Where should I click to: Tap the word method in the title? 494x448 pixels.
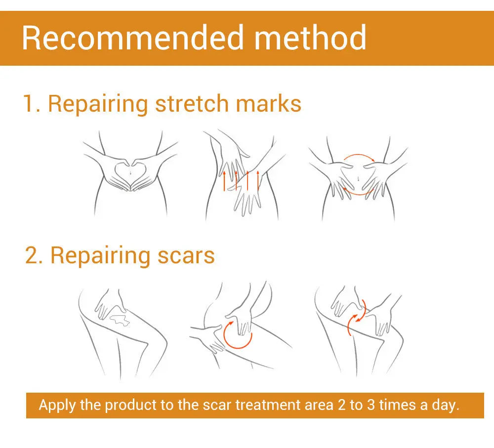tap(310, 39)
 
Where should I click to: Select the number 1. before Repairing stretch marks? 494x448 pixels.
tap(32, 104)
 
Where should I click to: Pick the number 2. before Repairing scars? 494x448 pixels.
tap(34, 255)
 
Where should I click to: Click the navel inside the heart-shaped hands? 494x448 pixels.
tap(129, 172)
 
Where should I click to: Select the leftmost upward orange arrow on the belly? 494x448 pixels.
tap(224, 181)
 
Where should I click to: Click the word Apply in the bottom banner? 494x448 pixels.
tap(57, 405)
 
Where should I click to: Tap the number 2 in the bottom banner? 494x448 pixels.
tap(341, 405)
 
